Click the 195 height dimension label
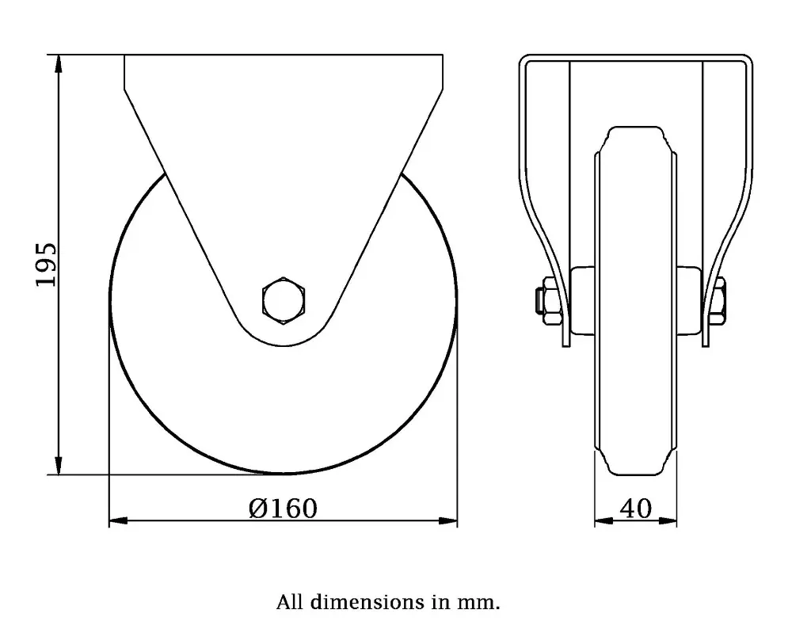pyautogui.click(x=47, y=265)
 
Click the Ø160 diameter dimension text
pyautogui.click(x=282, y=508)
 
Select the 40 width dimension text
pyautogui.click(x=635, y=508)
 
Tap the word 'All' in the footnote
pyautogui.click(x=290, y=603)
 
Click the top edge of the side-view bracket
pyautogui.click(x=283, y=55)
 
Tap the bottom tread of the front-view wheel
pyautogui.click(x=635, y=471)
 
